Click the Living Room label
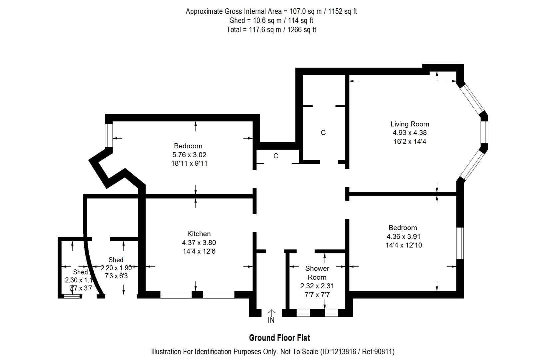(x=409, y=124)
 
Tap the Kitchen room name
(x=199, y=234)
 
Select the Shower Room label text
(x=317, y=273)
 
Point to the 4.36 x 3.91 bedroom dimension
(x=403, y=237)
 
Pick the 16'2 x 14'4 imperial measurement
(x=409, y=141)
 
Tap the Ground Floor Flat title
(x=279, y=338)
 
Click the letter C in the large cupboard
(x=323, y=133)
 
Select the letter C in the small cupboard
(x=276, y=156)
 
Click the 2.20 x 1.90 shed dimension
(x=116, y=267)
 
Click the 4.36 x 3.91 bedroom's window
(x=460, y=243)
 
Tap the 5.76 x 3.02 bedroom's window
(x=109, y=135)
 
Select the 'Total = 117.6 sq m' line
(x=271, y=30)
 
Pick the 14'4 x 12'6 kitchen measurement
(x=199, y=251)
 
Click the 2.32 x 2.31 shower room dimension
(x=317, y=286)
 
